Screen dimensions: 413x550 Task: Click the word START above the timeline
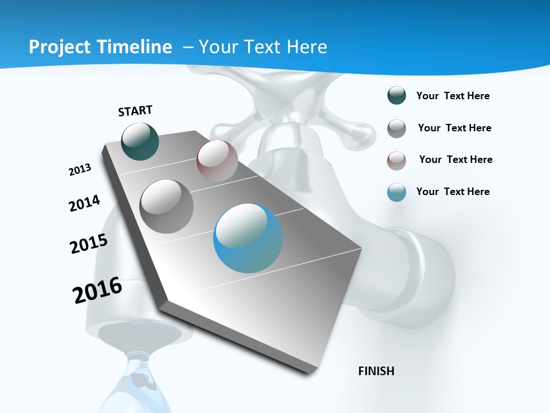[x=135, y=111]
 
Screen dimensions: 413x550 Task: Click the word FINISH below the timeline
[x=376, y=371]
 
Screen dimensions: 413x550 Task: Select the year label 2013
[x=80, y=170]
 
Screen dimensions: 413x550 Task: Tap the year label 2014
[x=84, y=203]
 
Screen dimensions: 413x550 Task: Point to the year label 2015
[x=89, y=243]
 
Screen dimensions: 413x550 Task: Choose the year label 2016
[x=97, y=290]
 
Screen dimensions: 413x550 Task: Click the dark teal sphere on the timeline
[x=140, y=141]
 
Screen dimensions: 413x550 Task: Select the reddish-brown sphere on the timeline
[x=217, y=161]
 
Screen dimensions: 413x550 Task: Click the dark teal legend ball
[x=396, y=96]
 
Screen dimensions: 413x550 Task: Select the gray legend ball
[x=396, y=128]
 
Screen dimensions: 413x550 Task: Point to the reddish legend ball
[x=396, y=161]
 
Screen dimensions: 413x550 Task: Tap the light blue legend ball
[x=396, y=192]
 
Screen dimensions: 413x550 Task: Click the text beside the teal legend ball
[x=453, y=96]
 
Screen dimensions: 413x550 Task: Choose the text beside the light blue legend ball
[x=453, y=192]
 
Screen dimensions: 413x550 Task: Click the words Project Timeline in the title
[x=100, y=47]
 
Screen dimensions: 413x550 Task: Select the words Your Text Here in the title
[x=262, y=47]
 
